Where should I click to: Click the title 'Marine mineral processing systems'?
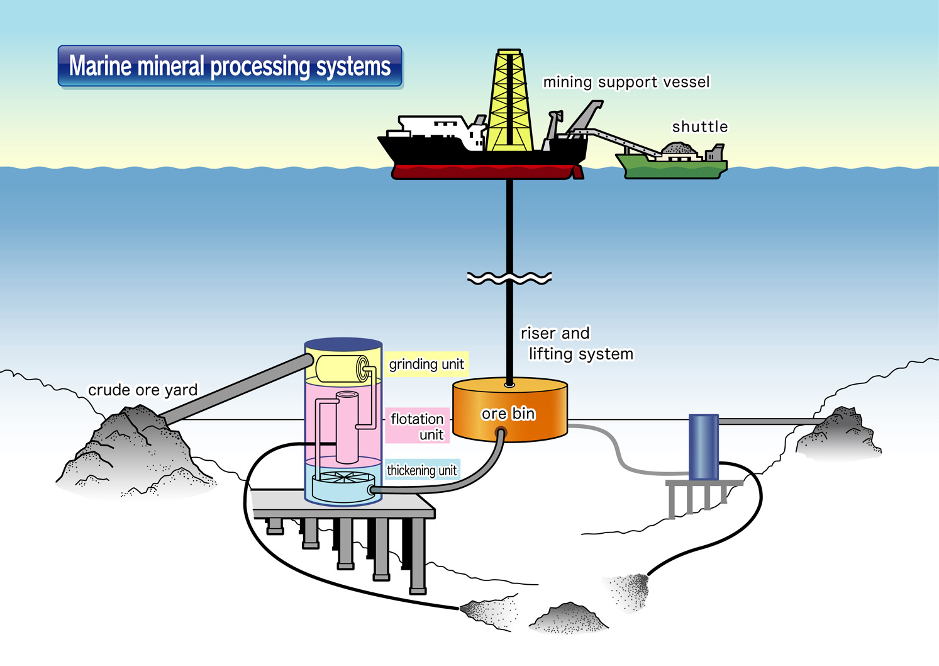tap(230, 66)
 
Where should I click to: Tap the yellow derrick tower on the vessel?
tap(509, 101)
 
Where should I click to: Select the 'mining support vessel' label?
tap(626, 82)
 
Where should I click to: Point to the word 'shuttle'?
tap(699, 127)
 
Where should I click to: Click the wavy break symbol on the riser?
tap(509, 278)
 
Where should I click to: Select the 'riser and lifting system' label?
tap(575, 344)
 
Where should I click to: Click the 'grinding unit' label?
tap(426, 364)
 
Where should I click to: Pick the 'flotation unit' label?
tap(418, 426)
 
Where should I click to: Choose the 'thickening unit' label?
tap(421, 470)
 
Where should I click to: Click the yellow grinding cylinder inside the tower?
tap(340, 369)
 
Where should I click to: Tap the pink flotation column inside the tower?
tap(347, 428)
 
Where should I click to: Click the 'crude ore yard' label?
tap(143, 390)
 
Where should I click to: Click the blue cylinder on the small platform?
tap(704, 447)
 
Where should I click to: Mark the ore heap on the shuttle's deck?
tap(678, 149)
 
